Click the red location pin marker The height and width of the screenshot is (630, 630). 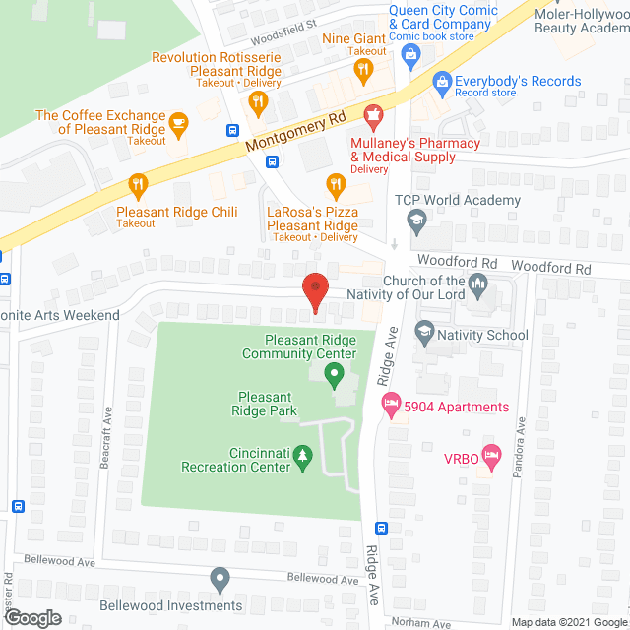[315, 291]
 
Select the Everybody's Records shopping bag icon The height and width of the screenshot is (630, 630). [442, 81]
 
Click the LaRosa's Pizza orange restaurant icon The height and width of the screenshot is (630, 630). [336, 182]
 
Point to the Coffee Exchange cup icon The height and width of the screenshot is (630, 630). [178, 122]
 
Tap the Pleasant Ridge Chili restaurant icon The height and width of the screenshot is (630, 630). [138, 183]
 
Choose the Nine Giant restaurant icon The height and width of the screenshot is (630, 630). [363, 69]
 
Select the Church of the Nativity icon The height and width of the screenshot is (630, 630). [478, 286]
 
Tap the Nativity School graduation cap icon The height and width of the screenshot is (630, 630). [424, 333]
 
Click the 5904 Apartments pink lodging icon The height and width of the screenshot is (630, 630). [392, 403]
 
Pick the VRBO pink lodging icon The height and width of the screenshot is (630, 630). [492, 457]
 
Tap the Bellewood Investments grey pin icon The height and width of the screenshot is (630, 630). [220, 578]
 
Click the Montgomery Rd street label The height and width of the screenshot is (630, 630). [295, 130]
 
